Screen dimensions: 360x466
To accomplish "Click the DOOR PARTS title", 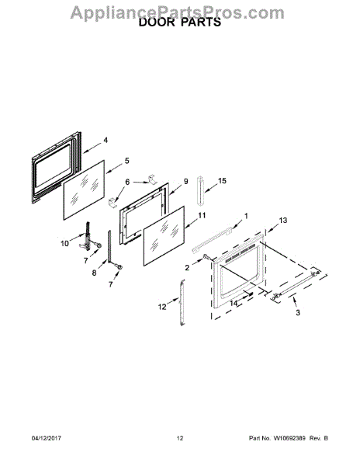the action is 180,23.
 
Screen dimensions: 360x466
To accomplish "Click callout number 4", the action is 106,140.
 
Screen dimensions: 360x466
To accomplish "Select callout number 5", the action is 127,161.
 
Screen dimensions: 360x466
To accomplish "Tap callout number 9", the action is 185,181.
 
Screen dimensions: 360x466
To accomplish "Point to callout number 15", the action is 222,180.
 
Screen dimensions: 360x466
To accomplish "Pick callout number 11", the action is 202,215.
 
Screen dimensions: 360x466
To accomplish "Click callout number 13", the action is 283,221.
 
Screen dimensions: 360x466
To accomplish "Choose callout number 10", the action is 64,243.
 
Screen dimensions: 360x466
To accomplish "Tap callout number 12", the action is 162,307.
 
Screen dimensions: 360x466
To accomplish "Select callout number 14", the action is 234,304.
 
